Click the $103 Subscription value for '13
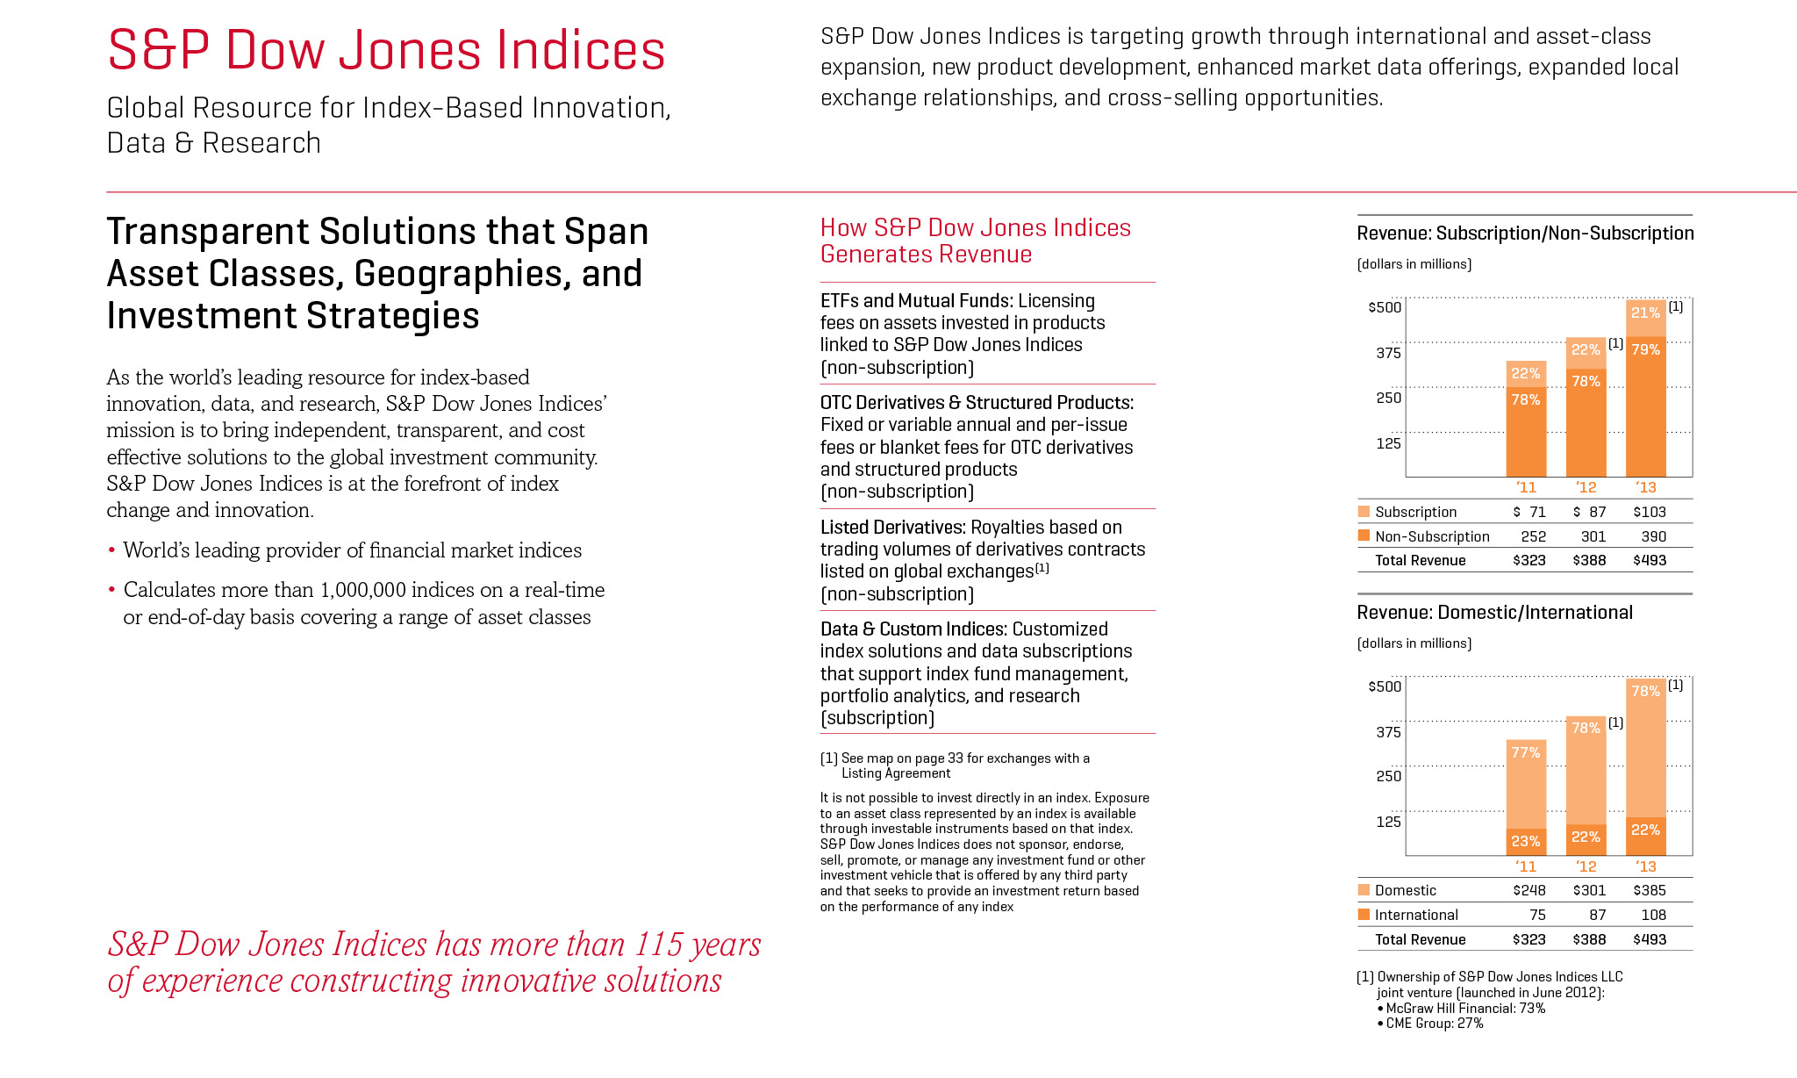[1649, 512]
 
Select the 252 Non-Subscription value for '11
[1533, 536]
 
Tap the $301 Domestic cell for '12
[1589, 890]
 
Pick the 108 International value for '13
[1653, 915]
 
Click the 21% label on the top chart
[1645, 313]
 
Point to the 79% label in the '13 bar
[1645, 349]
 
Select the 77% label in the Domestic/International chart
[1526, 752]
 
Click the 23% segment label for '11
[1526, 841]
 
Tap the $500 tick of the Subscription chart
[1385, 307]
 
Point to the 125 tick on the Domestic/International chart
[1388, 822]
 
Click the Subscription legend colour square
[1364, 512]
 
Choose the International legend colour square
[1364, 915]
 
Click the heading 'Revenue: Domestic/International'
[1494, 613]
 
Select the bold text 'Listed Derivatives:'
[892, 527]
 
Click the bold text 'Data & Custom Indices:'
[913, 629]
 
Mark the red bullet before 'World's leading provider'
[111, 551]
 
